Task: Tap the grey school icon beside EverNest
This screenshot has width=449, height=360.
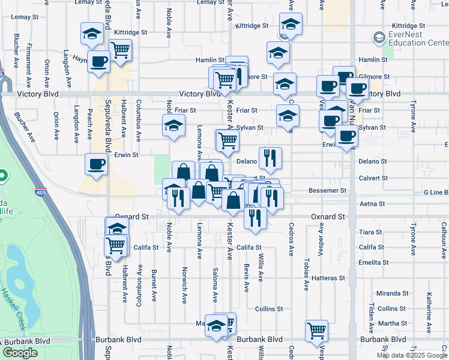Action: [x=379, y=38]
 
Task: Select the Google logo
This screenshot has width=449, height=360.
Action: [x=20, y=353]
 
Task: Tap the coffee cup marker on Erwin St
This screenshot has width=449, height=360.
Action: [x=97, y=164]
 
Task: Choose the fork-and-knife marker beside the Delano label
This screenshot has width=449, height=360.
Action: [x=270, y=157]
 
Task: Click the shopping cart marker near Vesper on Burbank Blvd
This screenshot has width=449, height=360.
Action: [x=316, y=330]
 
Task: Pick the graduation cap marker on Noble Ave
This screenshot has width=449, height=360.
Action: [x=173, y=125]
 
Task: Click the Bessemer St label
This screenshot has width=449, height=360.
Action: [x=328, y=190]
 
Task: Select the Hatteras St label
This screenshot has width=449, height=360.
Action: [x=329, y=278]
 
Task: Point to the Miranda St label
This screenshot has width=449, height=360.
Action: [x=393, y=293]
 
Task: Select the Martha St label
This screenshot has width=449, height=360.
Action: [x=393, y=323]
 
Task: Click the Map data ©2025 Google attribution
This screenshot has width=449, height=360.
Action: [x=411, y=355]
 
